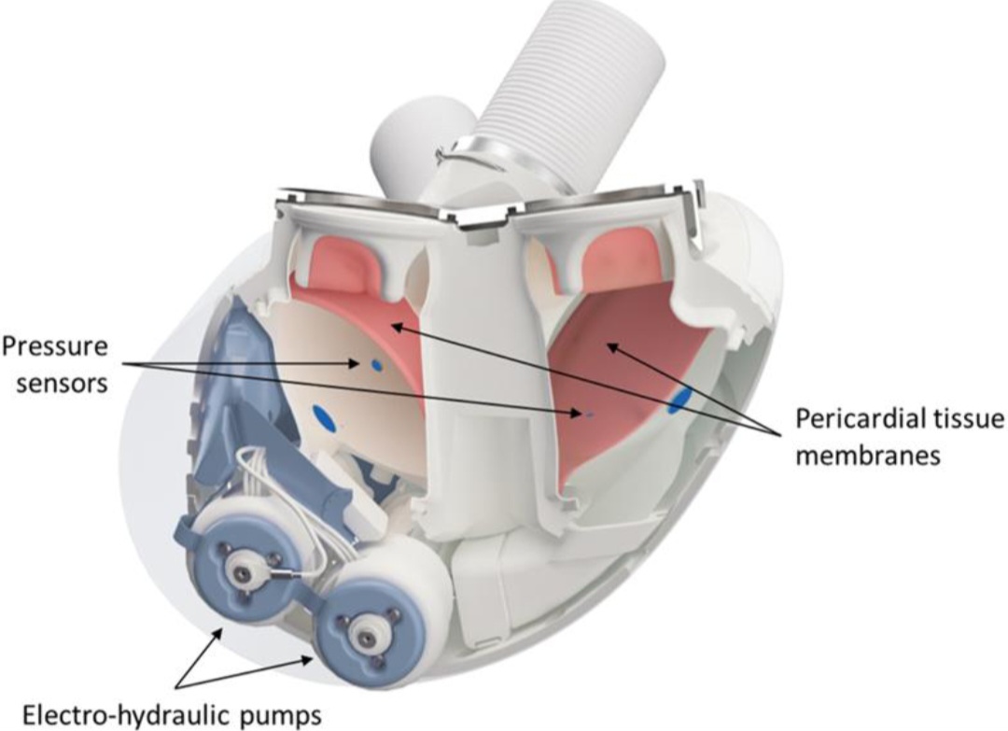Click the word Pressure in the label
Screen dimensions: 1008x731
point(55,348)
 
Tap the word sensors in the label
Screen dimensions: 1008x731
point(62,384)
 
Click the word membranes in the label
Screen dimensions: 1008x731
point(868,456)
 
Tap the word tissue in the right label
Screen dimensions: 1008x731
point(971,419)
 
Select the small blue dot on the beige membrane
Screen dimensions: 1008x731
point(377,366)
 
